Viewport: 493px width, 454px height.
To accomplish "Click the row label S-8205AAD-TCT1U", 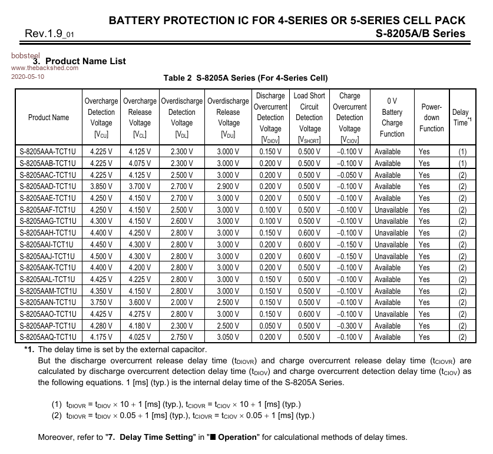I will click(48, 186).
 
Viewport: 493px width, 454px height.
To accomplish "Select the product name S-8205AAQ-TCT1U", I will click(48, 337).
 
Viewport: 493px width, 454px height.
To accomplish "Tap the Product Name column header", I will click(48, 117).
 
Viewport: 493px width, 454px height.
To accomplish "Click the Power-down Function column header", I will click(432, 117).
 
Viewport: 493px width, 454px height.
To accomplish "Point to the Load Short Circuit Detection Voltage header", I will click(309, 117).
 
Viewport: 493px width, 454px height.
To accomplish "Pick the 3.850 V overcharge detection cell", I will click(101, 186).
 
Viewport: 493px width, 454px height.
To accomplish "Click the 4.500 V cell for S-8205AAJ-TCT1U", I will click(101, 256).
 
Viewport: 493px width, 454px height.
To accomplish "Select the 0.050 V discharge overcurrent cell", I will click(270, 326).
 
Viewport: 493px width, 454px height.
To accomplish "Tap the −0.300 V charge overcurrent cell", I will click(349, 326).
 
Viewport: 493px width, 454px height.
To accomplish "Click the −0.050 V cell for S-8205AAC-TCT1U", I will click(349, 175).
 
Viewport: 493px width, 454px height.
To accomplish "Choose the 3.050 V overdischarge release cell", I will click(228, 337).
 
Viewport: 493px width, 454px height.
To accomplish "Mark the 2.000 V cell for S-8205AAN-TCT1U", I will click(181, 303).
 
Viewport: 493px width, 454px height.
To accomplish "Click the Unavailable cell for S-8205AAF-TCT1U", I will click(391, 210).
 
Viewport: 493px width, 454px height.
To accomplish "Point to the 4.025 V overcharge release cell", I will click(140, 337).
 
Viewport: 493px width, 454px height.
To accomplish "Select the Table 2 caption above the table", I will click(245, 78).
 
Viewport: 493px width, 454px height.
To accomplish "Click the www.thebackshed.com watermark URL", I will click(45, 68).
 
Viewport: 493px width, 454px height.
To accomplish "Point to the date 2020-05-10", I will click(28, 77).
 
